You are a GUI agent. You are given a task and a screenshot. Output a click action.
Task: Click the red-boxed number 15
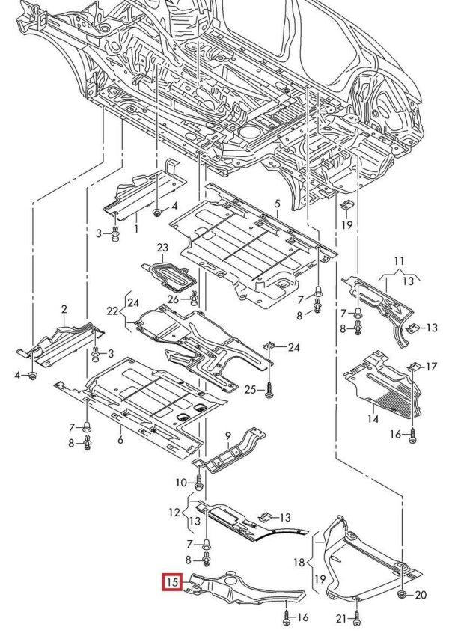pos(172,581)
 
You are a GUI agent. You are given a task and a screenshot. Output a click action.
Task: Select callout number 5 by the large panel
pos(276,204)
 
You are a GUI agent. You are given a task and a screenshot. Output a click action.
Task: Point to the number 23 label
pos(163,248)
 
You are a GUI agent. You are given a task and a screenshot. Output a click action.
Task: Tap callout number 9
pos(227,436)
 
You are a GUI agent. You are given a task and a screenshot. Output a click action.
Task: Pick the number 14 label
pos(372,420)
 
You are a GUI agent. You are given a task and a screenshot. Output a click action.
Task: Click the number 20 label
pos(420,595)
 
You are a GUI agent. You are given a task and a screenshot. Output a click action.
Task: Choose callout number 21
pos(340,619)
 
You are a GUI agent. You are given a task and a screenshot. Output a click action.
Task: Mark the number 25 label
pos(250,388)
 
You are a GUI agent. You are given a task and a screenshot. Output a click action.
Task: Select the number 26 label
pos(174,300)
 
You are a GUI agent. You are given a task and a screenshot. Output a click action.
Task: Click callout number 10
pos(181,483)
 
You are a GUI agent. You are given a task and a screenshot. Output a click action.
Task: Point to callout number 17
pos(431,367)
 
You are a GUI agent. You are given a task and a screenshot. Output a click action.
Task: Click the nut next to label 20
pos(402,594)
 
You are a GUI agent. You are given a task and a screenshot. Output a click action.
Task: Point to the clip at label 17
pos(412,367)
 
